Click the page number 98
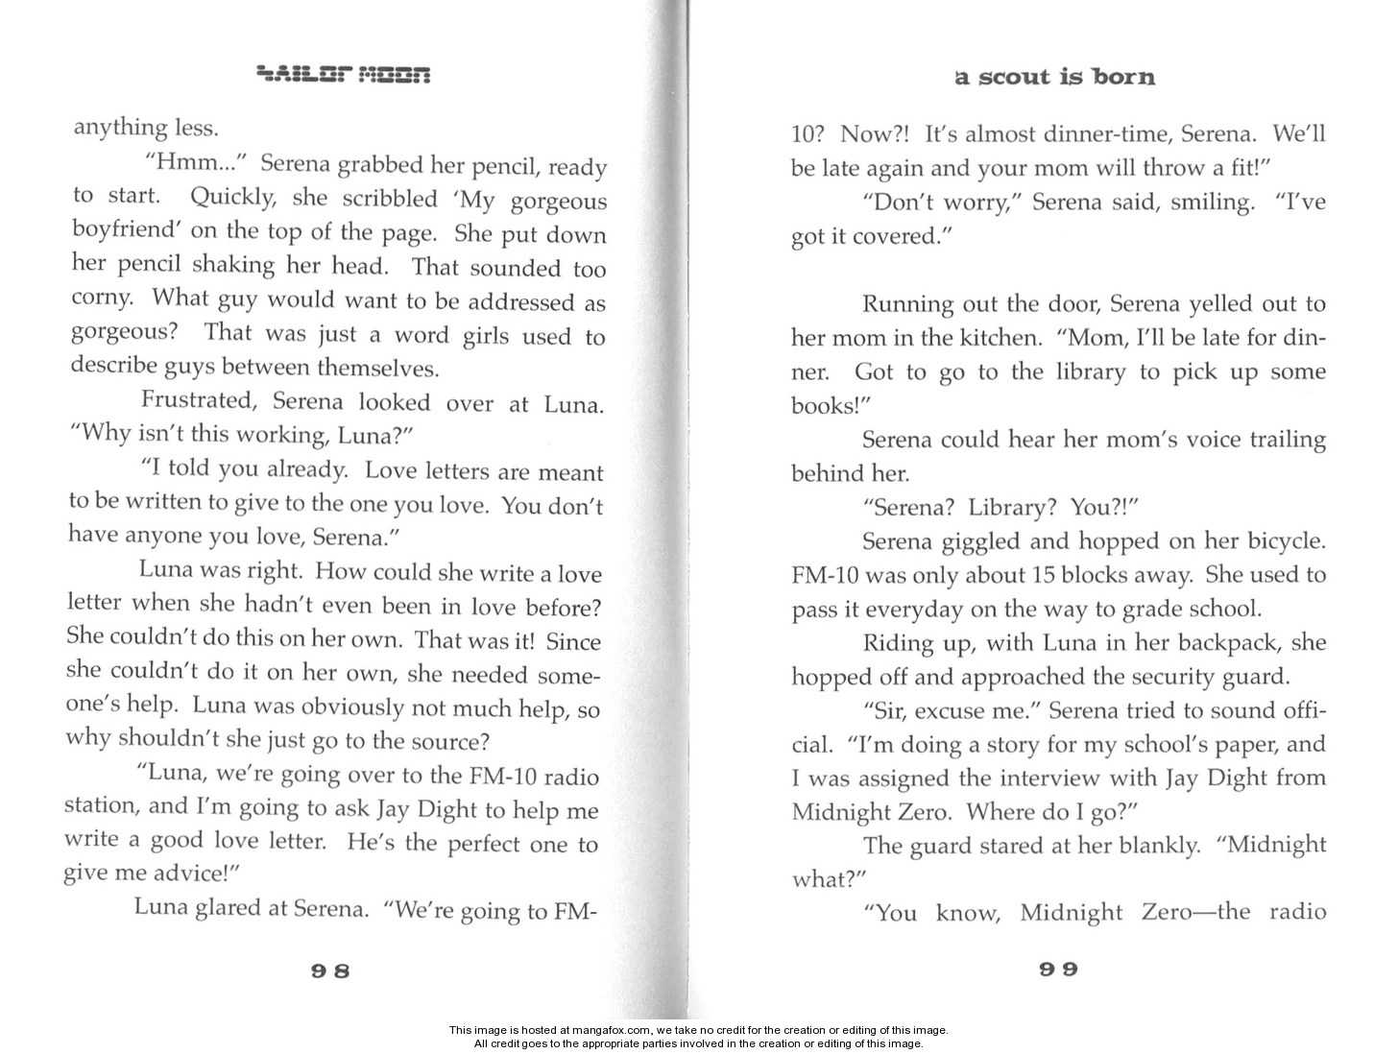click(330, 970)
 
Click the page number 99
click(1058, 969)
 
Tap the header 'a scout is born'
click(1054, 78)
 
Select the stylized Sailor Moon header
click(344, 75)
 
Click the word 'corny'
click(101, 297)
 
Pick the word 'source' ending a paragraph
click(450, 741)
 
